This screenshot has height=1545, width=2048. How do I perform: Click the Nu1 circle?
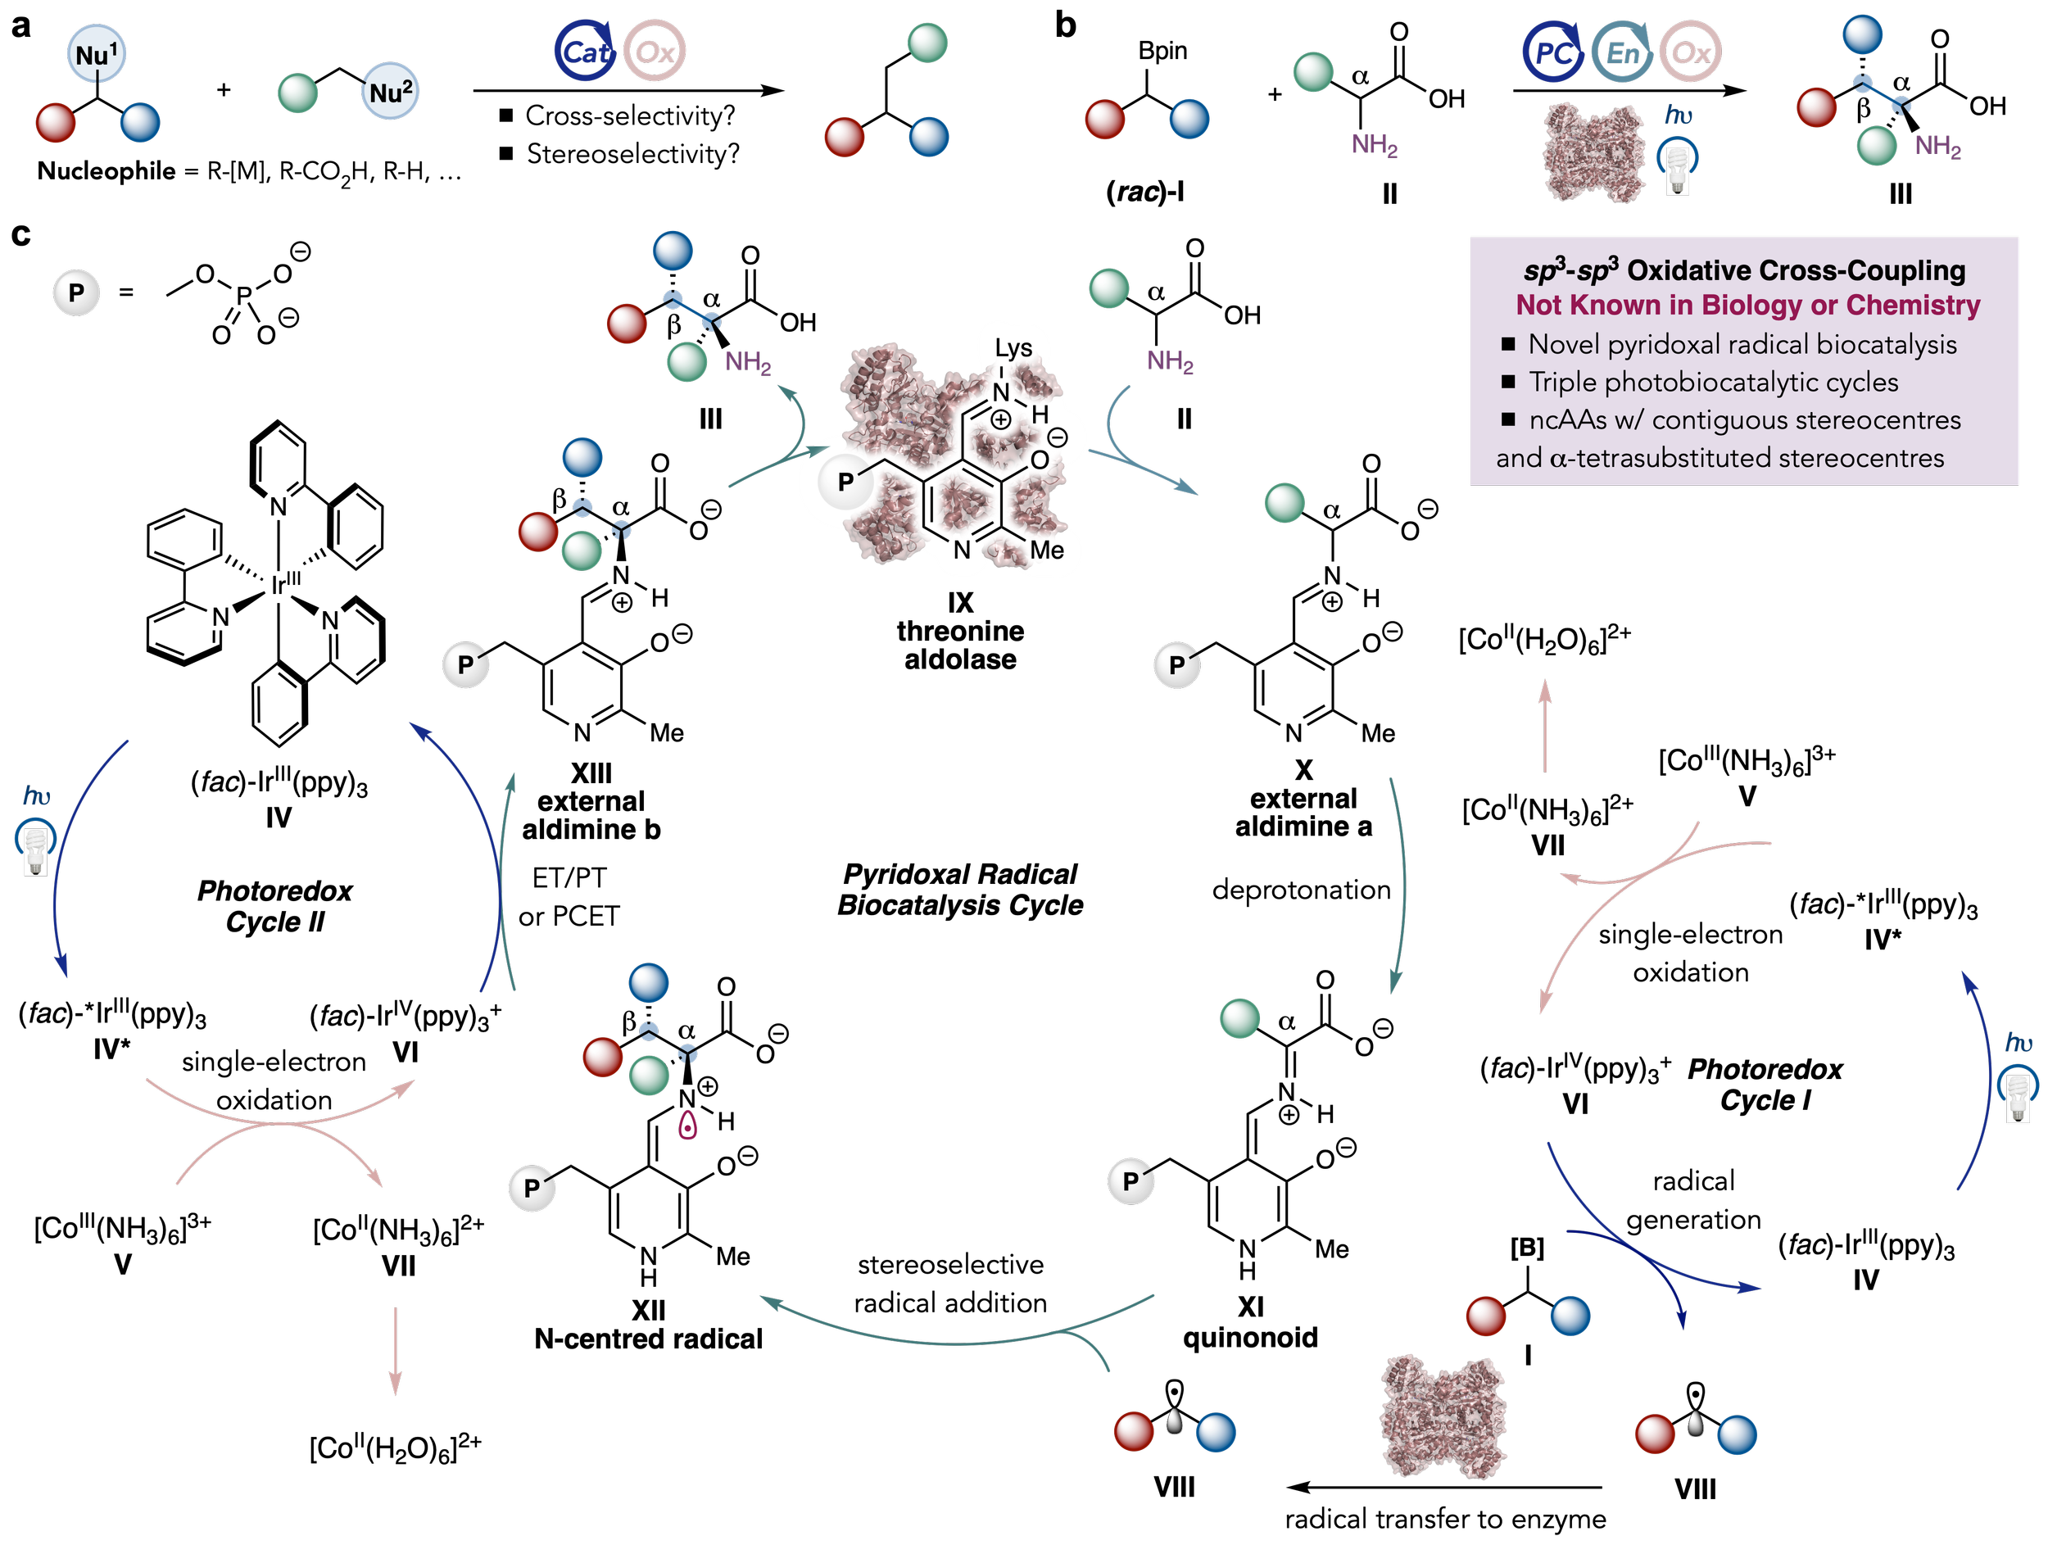(x=97, y=55)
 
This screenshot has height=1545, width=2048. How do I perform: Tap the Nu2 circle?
(x=390, y=92)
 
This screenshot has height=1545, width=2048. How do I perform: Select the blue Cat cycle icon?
(x=584, y=52)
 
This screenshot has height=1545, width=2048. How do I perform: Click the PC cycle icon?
(x=1552, y=52)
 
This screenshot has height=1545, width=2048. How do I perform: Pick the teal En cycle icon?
(x=1622, y=52)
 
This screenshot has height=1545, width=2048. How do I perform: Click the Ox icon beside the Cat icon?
(x=655, y=52)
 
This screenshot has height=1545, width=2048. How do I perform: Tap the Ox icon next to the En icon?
(x=1691, y=52)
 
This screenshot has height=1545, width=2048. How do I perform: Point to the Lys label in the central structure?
(x=1013, y=349)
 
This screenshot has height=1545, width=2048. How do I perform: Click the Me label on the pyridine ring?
(x=1046, y=550)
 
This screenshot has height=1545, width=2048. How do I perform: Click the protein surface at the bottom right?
(x=1443, y=1416)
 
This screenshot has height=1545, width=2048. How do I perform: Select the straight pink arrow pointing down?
(x=396, y=1351)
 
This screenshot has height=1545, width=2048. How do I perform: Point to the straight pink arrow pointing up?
(x=1544, y=726)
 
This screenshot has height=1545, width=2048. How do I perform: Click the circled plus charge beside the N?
(x=1001, y=420)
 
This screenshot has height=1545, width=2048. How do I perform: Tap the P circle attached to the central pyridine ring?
(x=845, y=482)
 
